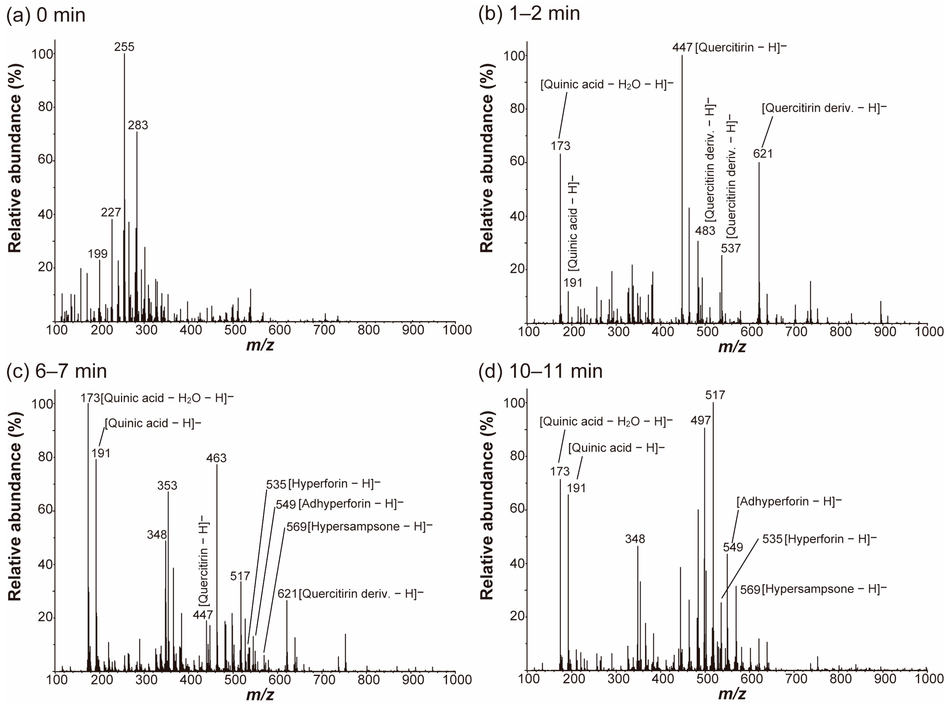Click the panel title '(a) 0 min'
tap(46, 15)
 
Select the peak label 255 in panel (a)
tap(124, 47)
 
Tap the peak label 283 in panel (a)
tap(138, 125)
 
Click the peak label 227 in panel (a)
tap(111, 212)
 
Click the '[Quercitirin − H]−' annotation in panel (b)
tap(740, 47)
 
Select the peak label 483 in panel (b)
tap(705, 231)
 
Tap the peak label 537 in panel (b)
tap(731, 248)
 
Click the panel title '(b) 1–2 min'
tap(529, 14)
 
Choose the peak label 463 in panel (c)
tap(216, 458)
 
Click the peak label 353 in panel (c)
tap(167, 485)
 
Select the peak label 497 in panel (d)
tap(700, 420)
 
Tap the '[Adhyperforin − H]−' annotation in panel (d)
tap(789, 501)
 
